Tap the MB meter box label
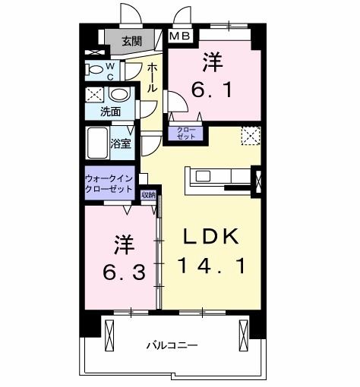(179, 36)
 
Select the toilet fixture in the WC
(97, 70)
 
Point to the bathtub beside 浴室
(97, 142)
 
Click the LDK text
(212, 237)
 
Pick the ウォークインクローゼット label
(110, 183)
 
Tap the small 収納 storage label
(148, 195)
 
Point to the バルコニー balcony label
(172, 345)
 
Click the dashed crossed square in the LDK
(250, 137)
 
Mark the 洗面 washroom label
(110, 112)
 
